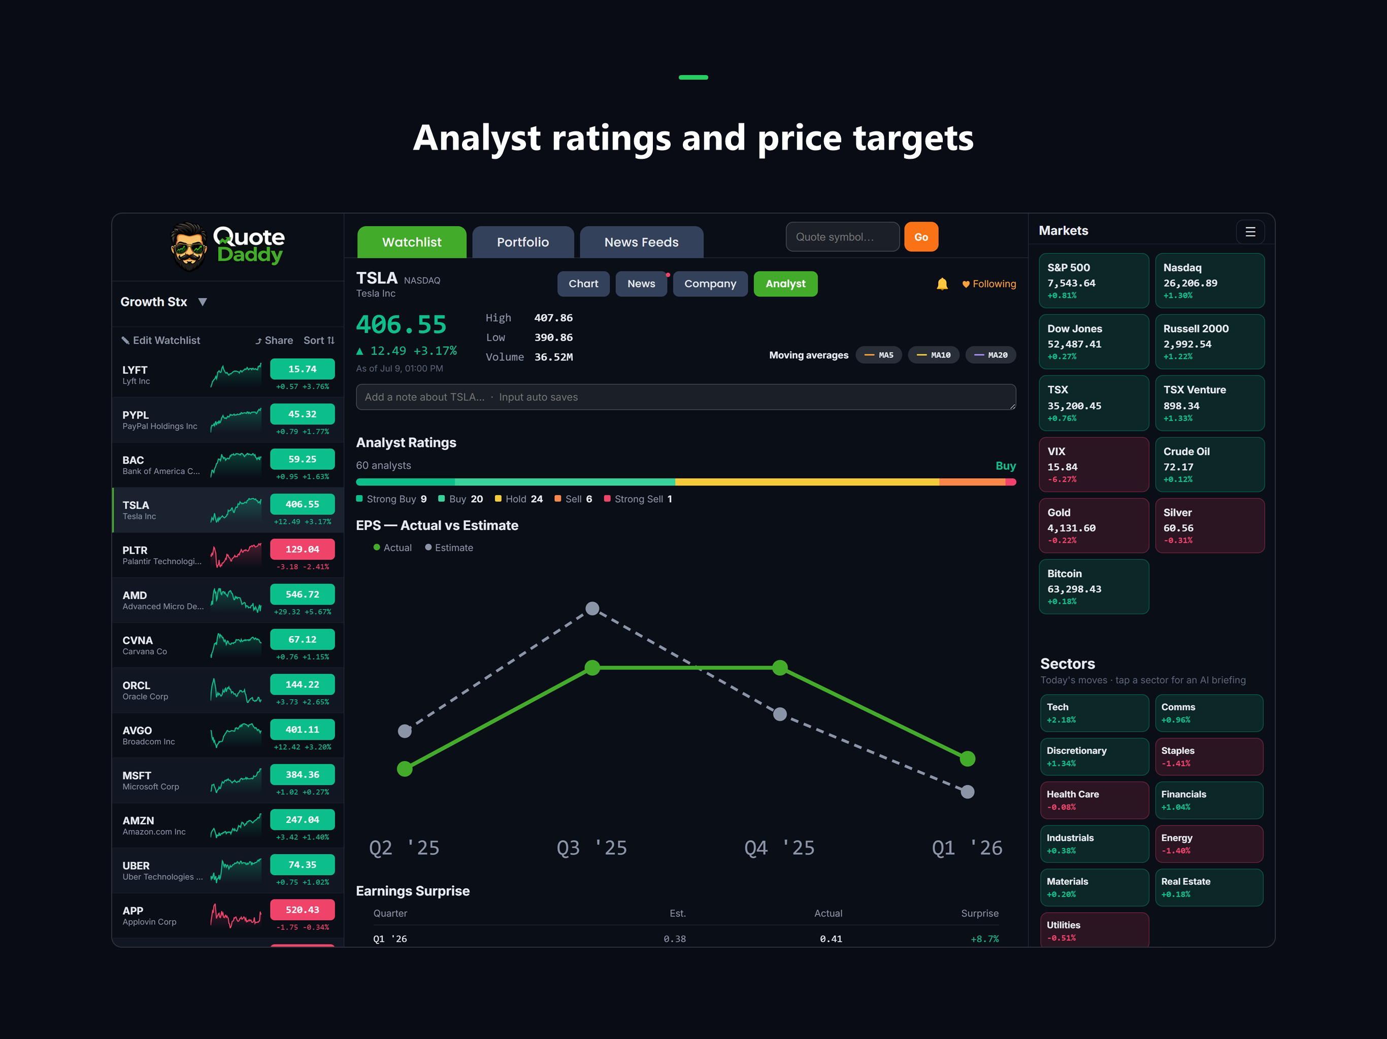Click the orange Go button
920,237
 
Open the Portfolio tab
522,242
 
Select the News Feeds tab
641,242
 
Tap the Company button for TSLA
710,284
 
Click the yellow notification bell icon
942,284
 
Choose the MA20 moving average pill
990,355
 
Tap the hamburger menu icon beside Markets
1250,232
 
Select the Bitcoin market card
1094,586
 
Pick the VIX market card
1094,464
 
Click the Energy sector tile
1209,844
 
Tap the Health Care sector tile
1094,800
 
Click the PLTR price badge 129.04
302,549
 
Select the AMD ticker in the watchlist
135,595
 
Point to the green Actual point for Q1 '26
968,759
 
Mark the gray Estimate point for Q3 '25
592,608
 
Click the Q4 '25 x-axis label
779,848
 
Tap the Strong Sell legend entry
638,499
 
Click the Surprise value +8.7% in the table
984,939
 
